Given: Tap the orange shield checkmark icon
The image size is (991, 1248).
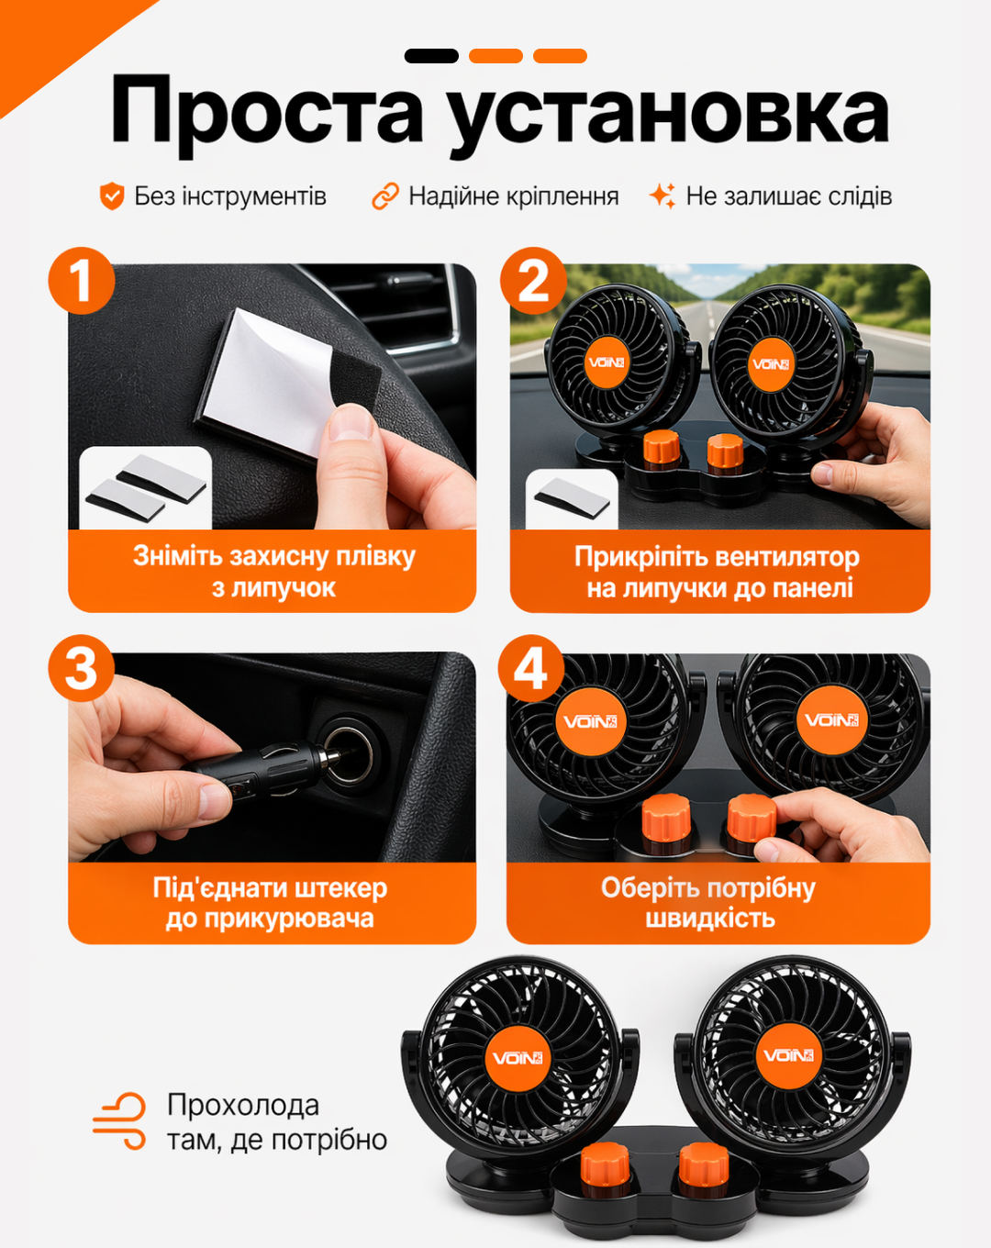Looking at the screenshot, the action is coord(112,196).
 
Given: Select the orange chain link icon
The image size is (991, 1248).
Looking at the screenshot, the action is coord(385,196).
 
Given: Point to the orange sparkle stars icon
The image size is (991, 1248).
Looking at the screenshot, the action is coord(663,196).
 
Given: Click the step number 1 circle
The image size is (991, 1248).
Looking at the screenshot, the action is coord(82,282).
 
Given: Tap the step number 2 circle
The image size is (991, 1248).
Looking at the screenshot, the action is coord(533,282).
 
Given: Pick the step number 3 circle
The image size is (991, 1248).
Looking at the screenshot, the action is coord(81,668).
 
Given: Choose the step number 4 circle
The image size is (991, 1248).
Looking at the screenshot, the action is coord(531,668).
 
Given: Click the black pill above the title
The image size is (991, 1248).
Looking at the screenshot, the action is coord(431,56).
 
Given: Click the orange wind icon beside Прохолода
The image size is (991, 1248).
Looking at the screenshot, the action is coord(119,1121).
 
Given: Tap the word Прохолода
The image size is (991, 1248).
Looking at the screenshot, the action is coord(243,1106).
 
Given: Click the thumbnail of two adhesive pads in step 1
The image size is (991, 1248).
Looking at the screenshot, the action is coord(146,487).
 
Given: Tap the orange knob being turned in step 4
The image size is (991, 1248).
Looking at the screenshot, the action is coord(752,818).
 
